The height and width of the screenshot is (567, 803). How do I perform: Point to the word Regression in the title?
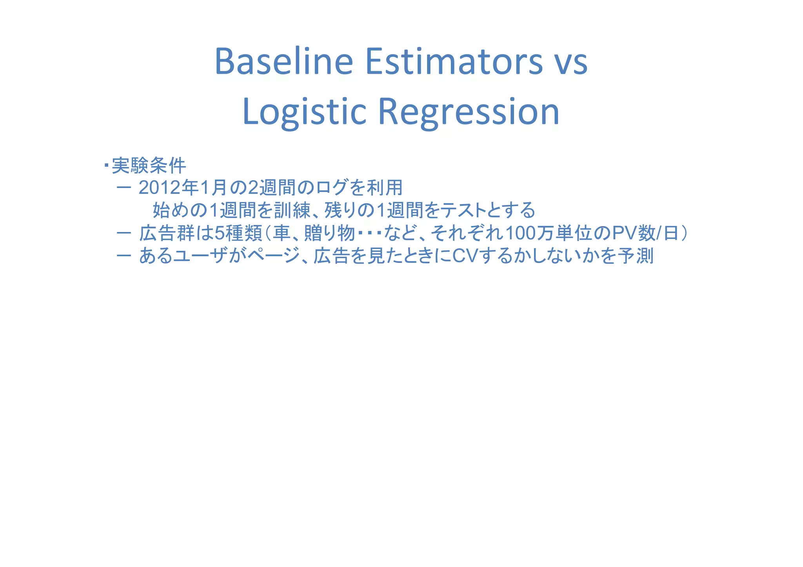[469, 112]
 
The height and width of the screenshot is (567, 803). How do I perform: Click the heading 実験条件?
[149, 166]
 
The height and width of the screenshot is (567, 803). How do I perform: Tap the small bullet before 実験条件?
[106, 165]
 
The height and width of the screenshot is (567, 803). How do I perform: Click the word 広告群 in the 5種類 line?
[167, 234]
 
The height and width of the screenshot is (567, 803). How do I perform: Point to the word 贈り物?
[329, 234]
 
